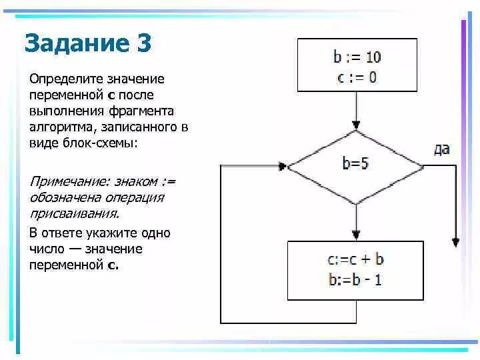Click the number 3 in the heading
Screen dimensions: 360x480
(x=144, y=45)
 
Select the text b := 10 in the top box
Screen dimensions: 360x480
(x=357, y=57)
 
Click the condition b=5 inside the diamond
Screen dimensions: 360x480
(x=356, y=164)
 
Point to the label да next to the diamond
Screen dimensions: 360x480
(x=441, y=149)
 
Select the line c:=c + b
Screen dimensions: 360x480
(x=356, y=259)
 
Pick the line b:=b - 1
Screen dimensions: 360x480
(x=356, y=279)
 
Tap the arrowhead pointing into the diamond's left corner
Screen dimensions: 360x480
(x=285, y=165)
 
